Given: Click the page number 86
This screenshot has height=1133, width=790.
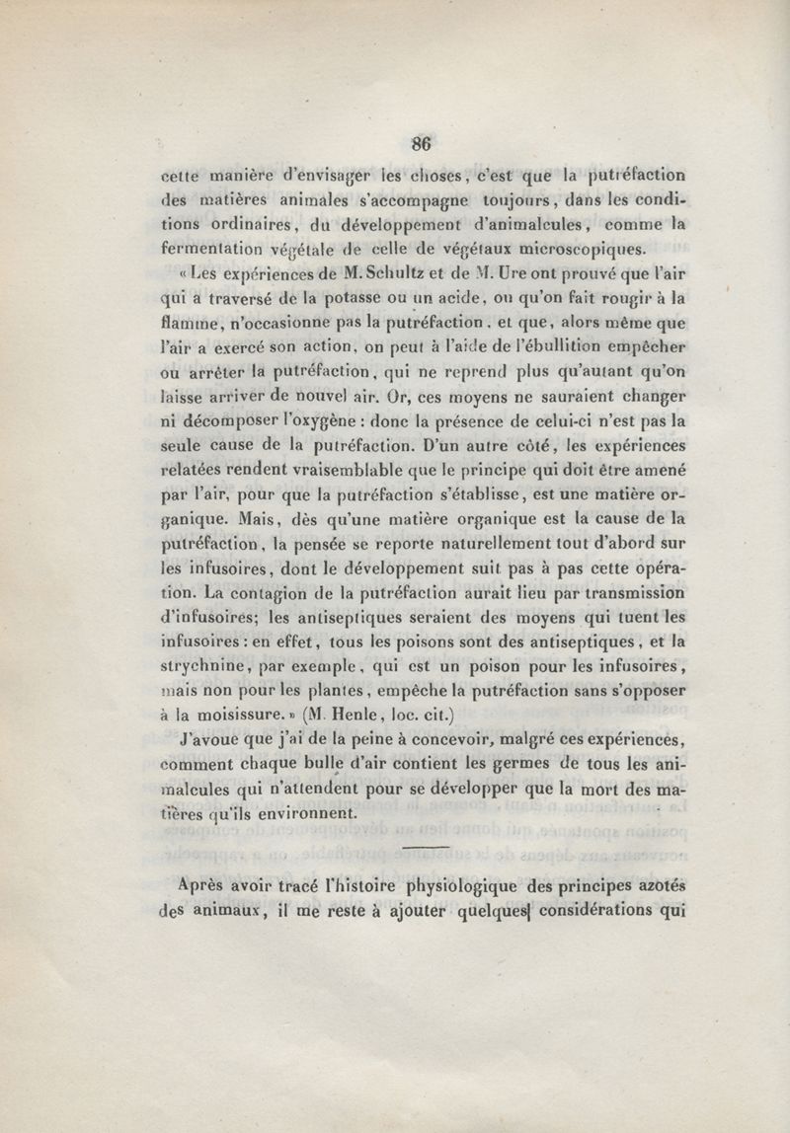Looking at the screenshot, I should tap(423, 141).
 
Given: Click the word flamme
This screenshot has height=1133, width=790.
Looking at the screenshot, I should tap(187, 323).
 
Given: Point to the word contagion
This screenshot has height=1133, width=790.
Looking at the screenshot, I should tap(259, 592).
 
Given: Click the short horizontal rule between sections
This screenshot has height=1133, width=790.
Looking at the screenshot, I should tap(426, 846).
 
